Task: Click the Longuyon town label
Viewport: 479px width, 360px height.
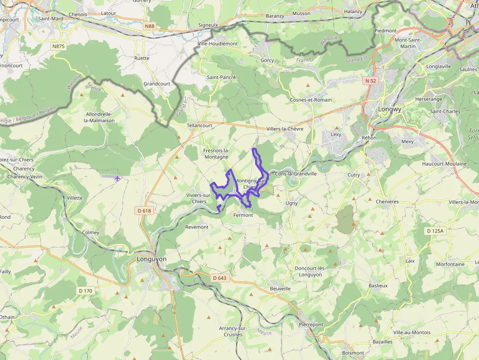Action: pyautogui.click(x=152, y=259)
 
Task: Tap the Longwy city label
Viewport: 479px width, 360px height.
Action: pyautogui.click(x=390, y=109)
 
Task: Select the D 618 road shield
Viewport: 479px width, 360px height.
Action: pyautogui.click(x=144, y=211)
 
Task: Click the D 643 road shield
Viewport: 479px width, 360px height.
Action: pyautogui.click(x=220, y=278)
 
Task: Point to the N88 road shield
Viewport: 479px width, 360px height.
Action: pyautogui.click(x=150, y=25)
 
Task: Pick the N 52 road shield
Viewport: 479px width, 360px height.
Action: pyautogui.click(x=370, y=80)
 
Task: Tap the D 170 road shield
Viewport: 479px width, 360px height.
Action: pyautogui.click(x=85, y=291)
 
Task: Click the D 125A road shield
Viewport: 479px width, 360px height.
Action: pyautogui.click(x=435, y=231)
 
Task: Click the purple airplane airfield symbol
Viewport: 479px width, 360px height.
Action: pyautogui.click(x=117, y=178)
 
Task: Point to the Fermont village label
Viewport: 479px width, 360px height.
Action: pyautogui.click(x=243, y=215)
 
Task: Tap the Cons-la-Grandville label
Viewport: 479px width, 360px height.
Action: pyautogui.click(x=296, y=173)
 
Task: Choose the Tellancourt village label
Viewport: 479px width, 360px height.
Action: pyautogui.click(x=199, y=126)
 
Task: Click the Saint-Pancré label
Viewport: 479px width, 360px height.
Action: pyautogui.click(x=221, y=77)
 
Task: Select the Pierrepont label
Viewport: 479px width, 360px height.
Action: pyautogui.click(x=311, y=324)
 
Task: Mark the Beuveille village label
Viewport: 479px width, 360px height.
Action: pyautogui.click(x=280, y=289)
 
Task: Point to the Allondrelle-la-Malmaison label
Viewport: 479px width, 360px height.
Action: pyautogui.click(x=100, y=117)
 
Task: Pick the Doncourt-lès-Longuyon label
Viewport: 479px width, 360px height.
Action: pyautogui.click(x=310, y=271)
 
